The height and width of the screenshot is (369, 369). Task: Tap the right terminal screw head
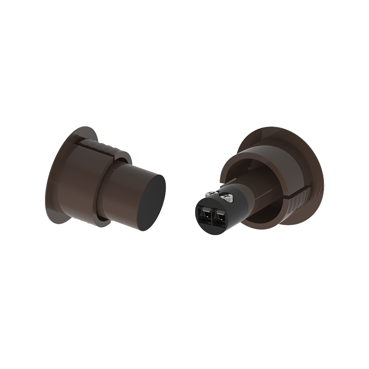(226, 196)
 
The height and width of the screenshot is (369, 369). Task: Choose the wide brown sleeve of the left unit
(81, 180)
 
